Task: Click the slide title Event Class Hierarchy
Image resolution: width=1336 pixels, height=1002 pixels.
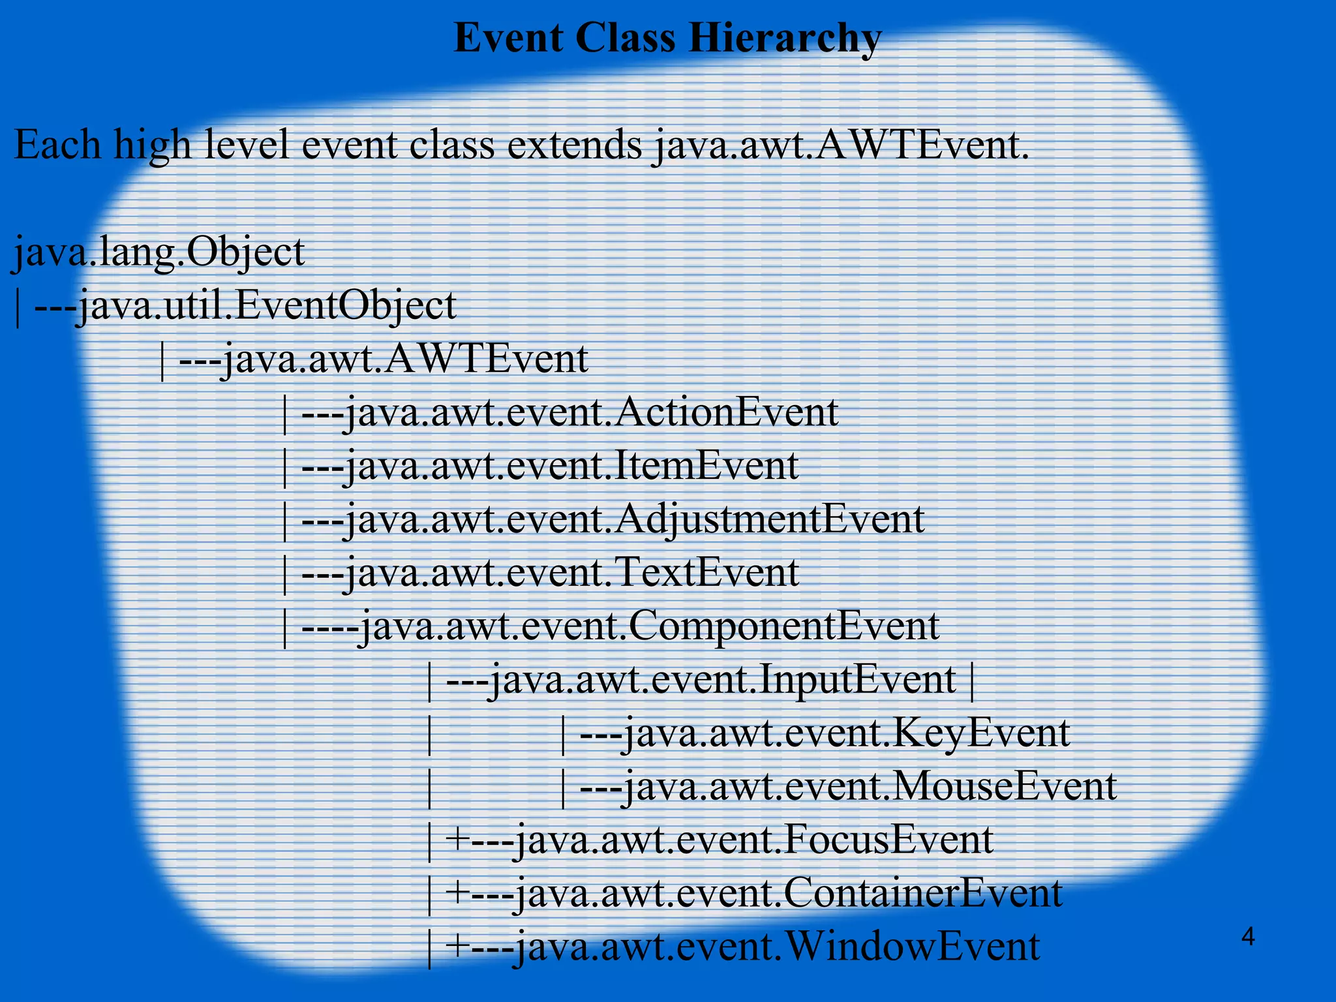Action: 667,38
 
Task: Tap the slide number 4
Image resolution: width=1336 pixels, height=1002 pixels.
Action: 1248,937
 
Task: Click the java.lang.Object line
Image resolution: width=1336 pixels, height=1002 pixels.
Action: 159,252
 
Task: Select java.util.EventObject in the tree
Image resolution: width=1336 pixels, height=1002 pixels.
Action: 266,306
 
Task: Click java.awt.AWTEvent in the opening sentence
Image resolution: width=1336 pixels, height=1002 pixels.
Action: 840,145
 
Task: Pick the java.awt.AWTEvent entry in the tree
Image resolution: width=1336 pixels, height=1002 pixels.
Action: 404,359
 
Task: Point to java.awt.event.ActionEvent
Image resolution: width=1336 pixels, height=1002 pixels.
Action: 591,413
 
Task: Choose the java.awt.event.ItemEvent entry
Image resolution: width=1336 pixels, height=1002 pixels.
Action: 571,466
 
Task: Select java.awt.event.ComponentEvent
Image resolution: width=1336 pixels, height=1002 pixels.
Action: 649,626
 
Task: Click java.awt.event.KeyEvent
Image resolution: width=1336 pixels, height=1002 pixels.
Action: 845,733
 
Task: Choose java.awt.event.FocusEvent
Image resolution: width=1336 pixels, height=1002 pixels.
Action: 753,840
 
